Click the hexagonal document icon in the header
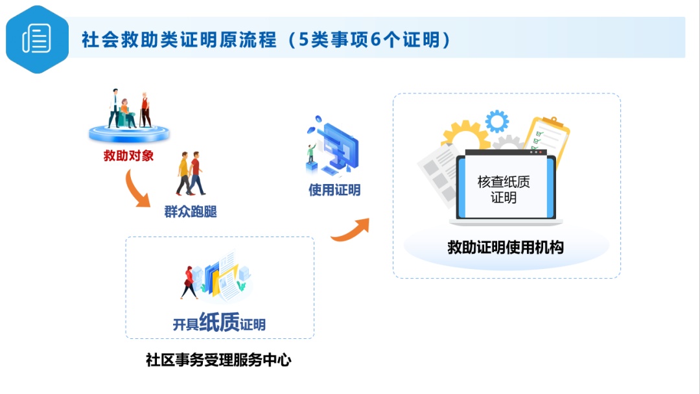pyautogui.click(x=37, y=40)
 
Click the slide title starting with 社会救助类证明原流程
pyautogui.click(x=266, y=40)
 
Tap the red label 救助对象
pyautogui.click(x=128, y=156)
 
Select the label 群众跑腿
pyautogui.click(x=191, y=211)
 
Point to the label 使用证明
pyautogui.click(x=334, y=190)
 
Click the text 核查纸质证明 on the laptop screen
pyautogui.click(x=504, y=189)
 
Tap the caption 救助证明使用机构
pyautogui.click(x=506, y=247)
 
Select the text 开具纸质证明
pyautogui.click(x=219, y=322)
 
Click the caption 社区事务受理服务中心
pyautogui.click(x=218, y=360)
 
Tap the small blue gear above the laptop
pyautogui.click(x=497, y=121)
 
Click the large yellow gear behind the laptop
pyautogui.click(x=465, y=133)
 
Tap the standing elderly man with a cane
pyautogui.click(x=145, y=110)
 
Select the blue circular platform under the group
pyautogui.click(x=129, y=133)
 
